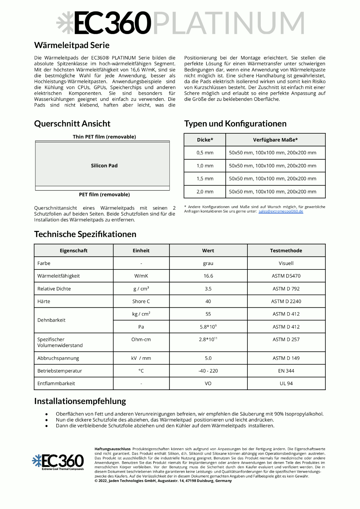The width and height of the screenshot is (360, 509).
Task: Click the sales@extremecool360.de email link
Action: pyautogui.click(x=280, y=211)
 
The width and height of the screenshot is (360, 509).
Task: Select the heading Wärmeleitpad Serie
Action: pyautogui.click(x=72, y=45)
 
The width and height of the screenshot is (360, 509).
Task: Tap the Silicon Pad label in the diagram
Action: pyautogui.click(x=104, y=166)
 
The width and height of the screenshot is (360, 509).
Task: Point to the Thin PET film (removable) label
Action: pyautogui.click(x=104, y=137)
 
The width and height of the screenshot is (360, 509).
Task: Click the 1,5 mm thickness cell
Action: pyautogui.click(x=205, y=179)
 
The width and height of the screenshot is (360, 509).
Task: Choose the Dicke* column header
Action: pyautogui.click(x=205, y=140)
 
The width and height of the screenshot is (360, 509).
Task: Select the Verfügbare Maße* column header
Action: pyautogui.click(x=275, y=140)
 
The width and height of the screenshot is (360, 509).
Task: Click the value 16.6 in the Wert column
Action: pyautogui.click(x=208, y=276)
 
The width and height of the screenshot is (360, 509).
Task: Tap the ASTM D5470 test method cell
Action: pyautogui.click(x=286, y=276)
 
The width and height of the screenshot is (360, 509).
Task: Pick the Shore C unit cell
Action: pyautogui.click(x=141, y=301)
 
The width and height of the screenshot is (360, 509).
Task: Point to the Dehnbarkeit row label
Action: pyautogui.click(x=52, y=320)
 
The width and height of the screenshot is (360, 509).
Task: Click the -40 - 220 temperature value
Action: pyautogui.click(x=208, y=371)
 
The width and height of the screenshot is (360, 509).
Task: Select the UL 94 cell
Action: pyautogui.click(x=286, y=383)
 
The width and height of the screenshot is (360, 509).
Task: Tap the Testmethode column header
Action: pyautogui.click(x=286, y=251)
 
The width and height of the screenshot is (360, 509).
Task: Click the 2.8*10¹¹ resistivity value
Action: pyautogui.click(x=208, y=339)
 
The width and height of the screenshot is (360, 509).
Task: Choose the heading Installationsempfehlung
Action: pyautogui.click(x=80, y=401)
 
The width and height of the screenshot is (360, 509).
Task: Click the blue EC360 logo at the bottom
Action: pyautogui.click(x=58, y=462)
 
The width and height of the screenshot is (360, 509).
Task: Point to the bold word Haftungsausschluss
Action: pyautogui.click(x=112, y=449)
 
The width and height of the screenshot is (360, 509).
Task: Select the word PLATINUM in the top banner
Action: pyautogui.click(x=229, y=23)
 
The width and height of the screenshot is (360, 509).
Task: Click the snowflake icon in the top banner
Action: pyautogui.click(x=65, y=23)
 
